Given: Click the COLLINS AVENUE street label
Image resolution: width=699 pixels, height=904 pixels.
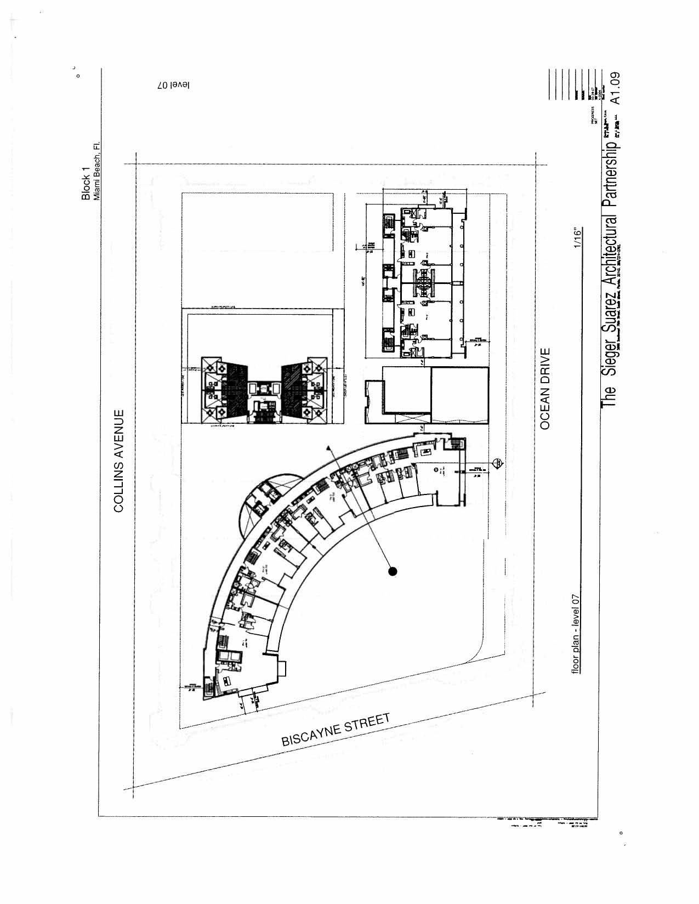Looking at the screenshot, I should point(120,460).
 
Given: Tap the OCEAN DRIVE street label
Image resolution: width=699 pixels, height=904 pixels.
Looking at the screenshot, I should point(545,388).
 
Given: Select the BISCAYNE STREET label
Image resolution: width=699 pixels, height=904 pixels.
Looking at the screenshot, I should point(336,730).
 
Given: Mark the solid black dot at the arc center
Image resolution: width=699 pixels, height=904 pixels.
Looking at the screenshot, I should point(393,572).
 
